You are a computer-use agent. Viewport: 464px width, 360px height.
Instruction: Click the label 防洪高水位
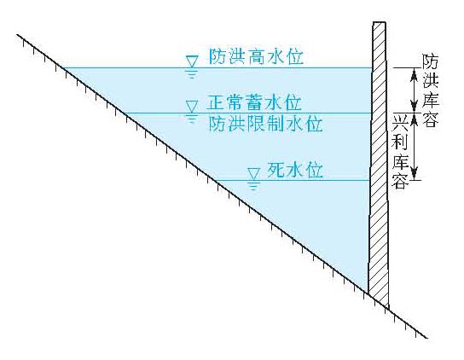tap(256, 57)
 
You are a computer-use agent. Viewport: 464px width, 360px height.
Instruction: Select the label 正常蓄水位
tap(254, 102)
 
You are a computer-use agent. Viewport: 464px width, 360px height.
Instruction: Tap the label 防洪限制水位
tap(265, 124)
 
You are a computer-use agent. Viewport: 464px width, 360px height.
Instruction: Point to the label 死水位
tap(295, 170)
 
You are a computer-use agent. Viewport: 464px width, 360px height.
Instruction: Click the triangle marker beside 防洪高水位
tap(192, 62)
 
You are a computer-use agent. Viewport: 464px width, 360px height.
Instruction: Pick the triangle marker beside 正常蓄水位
tap(192, 107)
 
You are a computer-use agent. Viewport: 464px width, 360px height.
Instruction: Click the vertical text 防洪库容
tap(430, 90)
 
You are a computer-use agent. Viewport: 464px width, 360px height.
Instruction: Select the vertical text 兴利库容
tap(400, 152)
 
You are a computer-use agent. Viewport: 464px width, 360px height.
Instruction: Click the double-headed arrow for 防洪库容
tap(415, 90)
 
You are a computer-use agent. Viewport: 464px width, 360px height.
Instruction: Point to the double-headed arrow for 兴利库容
tap(415, 147)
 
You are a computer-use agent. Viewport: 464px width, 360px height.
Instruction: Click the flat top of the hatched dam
tap(380, 22)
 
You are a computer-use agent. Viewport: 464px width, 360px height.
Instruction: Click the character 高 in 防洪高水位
tap(256, 57)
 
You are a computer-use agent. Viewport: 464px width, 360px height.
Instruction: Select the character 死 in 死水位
tap(275, 170)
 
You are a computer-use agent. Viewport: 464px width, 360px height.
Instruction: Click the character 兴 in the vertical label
tap(400, 124)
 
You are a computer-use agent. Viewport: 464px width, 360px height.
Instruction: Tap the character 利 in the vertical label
tap(400, 142)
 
